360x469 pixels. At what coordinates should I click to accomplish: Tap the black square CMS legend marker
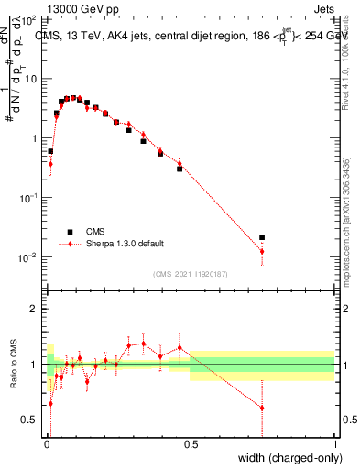tap(68, 232)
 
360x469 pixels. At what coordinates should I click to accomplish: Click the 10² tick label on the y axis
tap(29, 19)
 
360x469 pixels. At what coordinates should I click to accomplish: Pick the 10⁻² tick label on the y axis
tap(27, 257)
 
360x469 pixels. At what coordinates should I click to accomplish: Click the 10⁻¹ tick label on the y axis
tap(27, 198)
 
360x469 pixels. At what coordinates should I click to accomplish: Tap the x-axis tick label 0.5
tap(191, 443)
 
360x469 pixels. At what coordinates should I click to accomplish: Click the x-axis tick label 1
tap(334, 443)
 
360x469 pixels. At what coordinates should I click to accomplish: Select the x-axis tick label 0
tap(46, 443)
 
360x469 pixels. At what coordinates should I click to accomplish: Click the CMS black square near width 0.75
tap(262, 237)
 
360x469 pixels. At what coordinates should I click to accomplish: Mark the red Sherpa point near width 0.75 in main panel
tap(262, 251)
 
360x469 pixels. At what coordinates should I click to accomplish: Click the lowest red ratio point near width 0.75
tap(262, 408)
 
